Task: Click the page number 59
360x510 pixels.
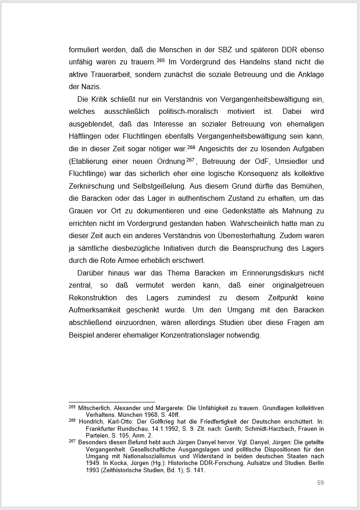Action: click(320, 483)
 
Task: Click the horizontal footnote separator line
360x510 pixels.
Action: click(112, 402)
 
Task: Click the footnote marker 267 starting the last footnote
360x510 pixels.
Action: click(72, 441)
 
